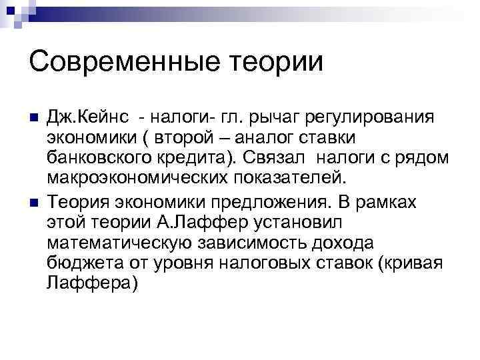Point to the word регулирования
(x=371, y=119)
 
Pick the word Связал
(x=273, y=159)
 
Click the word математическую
(x=123, y=242)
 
